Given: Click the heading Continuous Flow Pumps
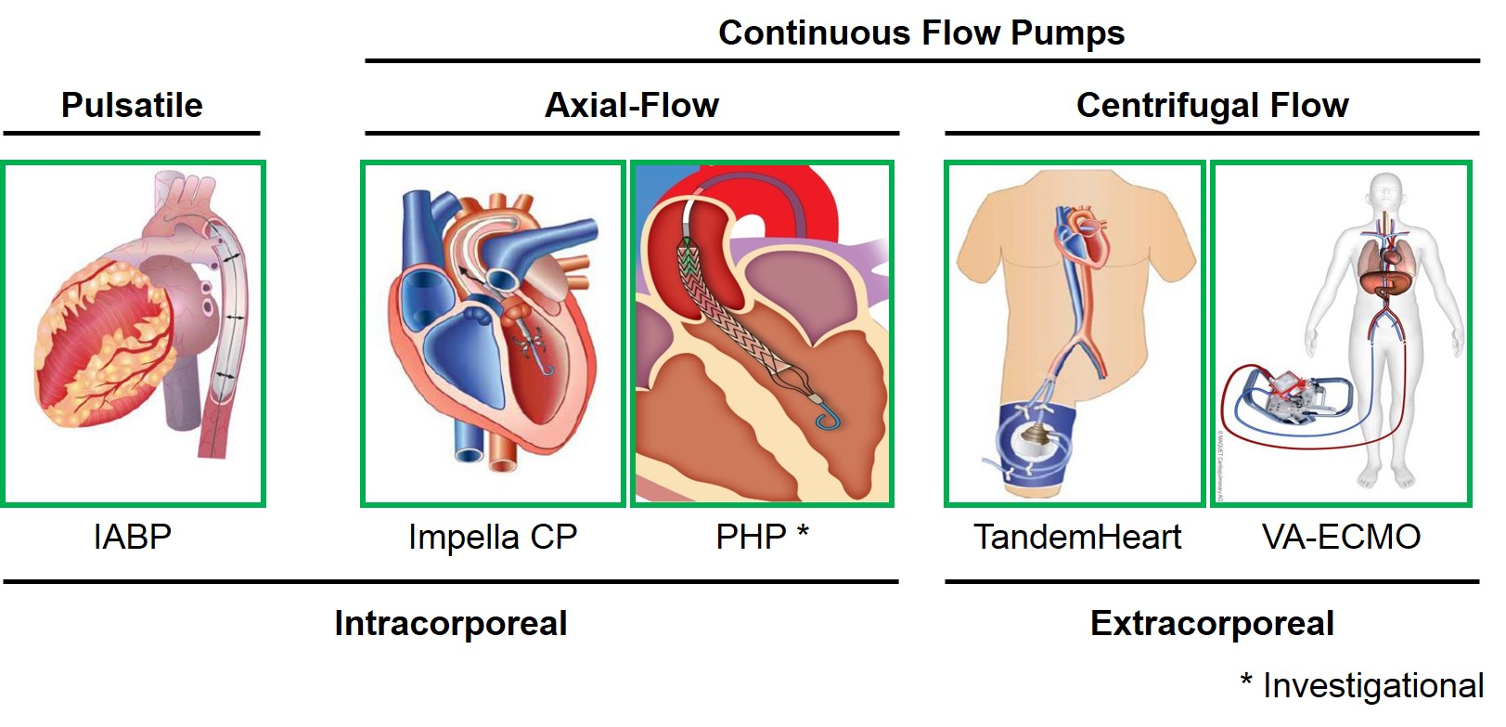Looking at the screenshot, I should click(920, 33).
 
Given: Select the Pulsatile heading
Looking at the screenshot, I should click(132, 105).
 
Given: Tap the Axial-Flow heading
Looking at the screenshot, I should click(632, 105).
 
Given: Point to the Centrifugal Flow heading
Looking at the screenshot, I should click(1212, 105).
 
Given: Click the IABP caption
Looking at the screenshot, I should click(133, 537).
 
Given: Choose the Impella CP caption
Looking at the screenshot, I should click(493, 537).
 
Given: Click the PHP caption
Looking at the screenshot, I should click(751, 537).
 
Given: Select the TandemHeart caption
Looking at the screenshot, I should click(1077, 537).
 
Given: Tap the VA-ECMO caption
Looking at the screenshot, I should click(1341, 537).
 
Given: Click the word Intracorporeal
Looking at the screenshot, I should click(451, 623).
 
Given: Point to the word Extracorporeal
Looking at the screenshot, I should click(1212, 623).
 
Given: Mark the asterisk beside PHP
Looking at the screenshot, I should click(803, 531).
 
